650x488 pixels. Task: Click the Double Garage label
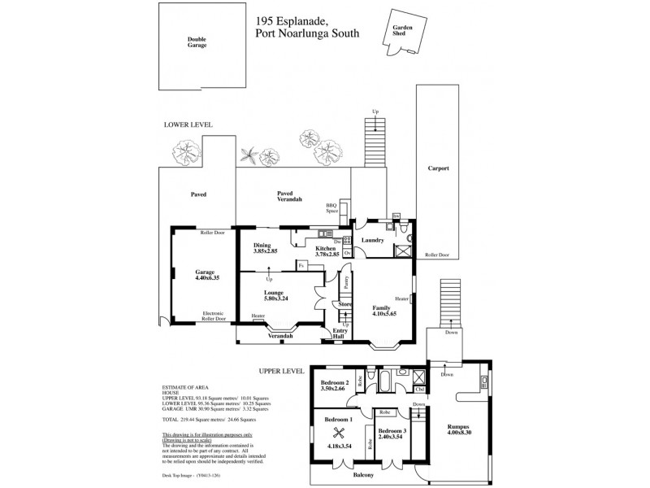[197, 42]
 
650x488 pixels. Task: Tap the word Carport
[438, 168]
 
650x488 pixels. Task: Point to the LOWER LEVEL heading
[188, 125]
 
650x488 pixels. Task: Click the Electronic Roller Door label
[213, 316]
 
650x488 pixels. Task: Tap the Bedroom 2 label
[335, 382]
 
